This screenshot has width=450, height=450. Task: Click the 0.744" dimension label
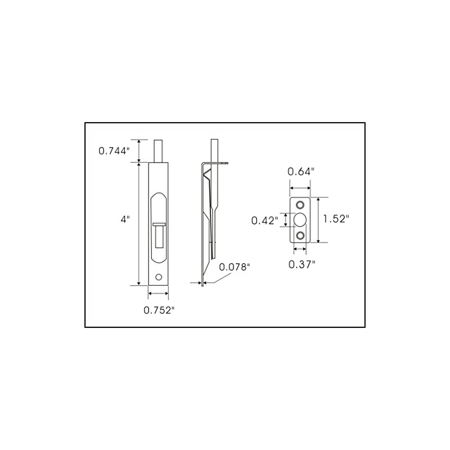pos(114,151)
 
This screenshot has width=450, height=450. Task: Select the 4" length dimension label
pos(125,219)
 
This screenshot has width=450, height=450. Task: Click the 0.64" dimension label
pos(301,172)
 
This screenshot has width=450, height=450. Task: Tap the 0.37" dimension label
pos(301,264)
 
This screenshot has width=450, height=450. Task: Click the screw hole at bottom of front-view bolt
pos(160,277)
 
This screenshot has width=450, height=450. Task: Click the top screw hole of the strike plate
pos(301,204)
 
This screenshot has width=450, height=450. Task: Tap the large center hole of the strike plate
pos(301,219)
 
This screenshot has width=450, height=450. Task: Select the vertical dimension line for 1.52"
pos(319,220)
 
